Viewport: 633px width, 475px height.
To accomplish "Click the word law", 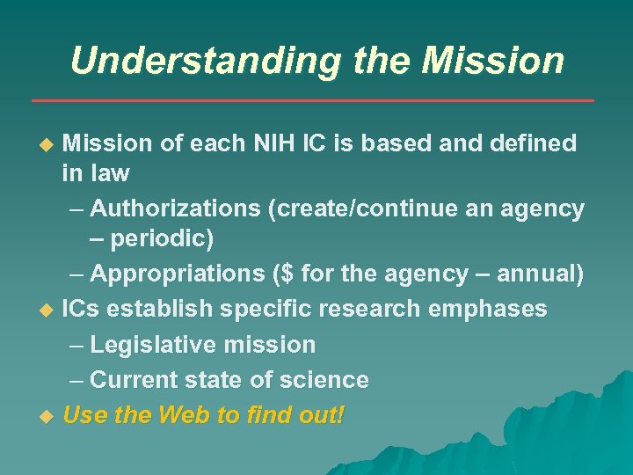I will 109,173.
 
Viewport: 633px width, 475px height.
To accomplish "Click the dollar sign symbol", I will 287,274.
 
